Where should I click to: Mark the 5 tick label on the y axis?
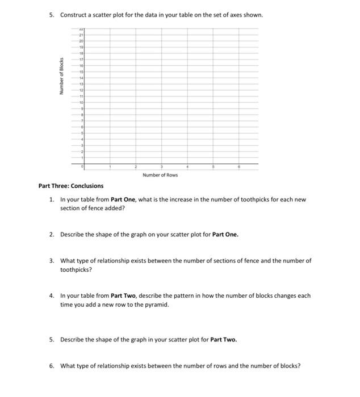(x=82, y=133)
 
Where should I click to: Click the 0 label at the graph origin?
(x=82, y=167)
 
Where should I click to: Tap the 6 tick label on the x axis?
(x=239, y=167)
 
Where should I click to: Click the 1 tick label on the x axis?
(x=110, y=167)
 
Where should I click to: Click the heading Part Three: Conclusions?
(x=71, y=185)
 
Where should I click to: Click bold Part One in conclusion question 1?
(x=122, y=200)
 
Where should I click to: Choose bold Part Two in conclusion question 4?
(x=122, y=295)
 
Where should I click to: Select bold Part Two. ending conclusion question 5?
(x=224, y=339)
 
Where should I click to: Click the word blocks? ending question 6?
(x=288, y=365)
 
